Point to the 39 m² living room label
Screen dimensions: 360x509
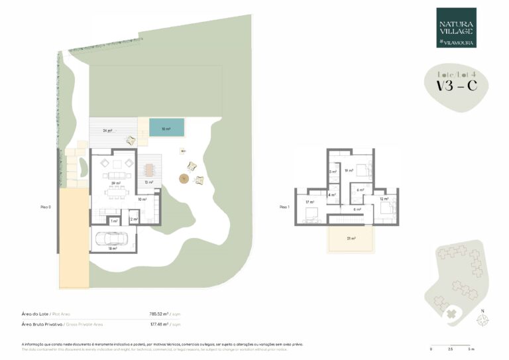115,182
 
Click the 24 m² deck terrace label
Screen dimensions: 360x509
107,131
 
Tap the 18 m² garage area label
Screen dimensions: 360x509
112,249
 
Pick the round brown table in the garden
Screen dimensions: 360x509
183,178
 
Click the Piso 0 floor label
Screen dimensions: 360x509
46,208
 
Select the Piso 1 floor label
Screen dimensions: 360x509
285,207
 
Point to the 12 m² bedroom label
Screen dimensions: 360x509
383,198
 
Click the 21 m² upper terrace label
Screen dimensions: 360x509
351,239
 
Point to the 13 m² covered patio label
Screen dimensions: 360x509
149,182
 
